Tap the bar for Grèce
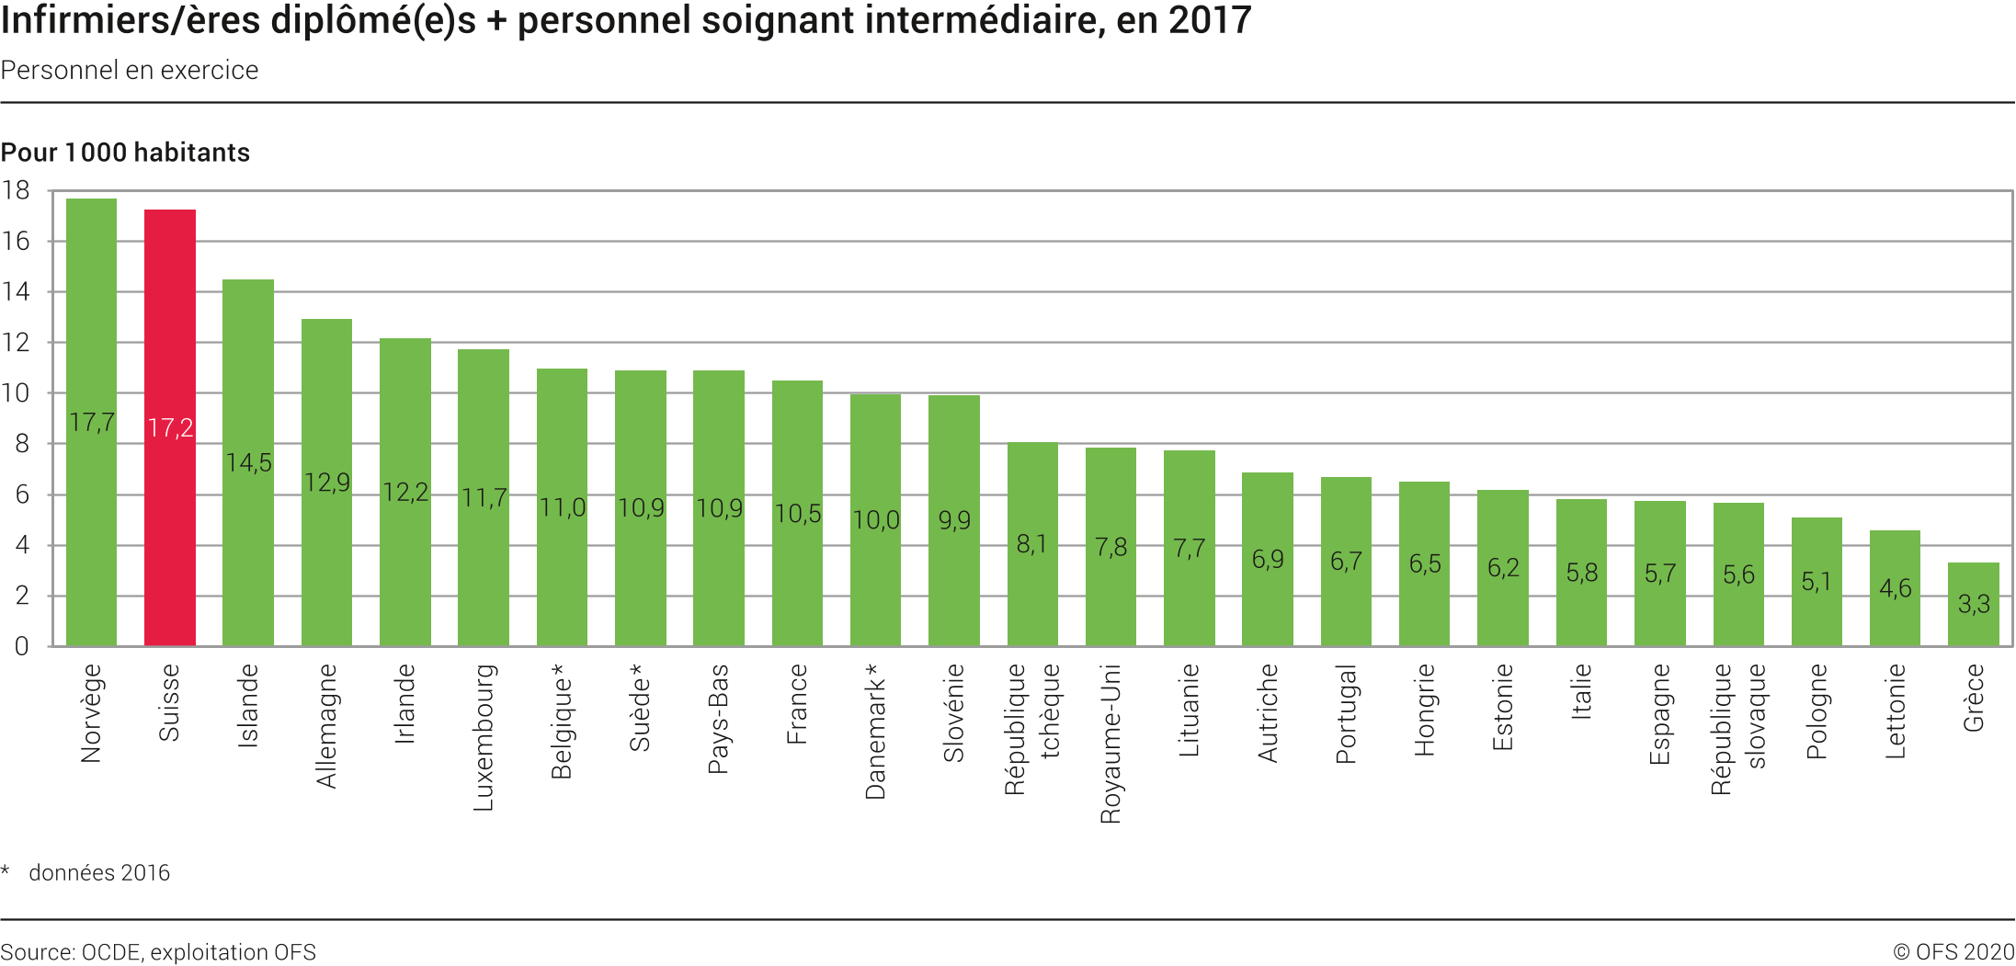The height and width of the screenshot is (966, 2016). click(1973, 625)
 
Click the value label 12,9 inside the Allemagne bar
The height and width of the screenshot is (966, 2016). click(327, 483)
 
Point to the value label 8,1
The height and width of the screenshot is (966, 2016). click(1031, 544)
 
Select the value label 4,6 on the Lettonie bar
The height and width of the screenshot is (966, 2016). click(1895, 588)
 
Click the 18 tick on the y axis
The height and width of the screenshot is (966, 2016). click(16, 191)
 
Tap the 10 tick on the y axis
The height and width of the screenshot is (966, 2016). click(16, 393)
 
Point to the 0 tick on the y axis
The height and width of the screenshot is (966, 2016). click(21, 646)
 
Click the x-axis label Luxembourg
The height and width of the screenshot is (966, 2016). click(484, 737)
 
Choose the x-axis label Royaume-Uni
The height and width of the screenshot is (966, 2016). click(1111, 743)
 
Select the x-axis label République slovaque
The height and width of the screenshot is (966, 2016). click(1737, 728)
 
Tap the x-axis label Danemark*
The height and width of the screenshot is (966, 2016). click(876, 731)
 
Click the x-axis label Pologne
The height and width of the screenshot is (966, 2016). click(1817, 711)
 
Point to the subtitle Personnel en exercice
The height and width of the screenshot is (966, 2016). click(130, 71)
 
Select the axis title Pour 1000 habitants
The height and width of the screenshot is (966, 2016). click(125, 153)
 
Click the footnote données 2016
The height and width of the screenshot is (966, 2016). click(99, 872)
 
